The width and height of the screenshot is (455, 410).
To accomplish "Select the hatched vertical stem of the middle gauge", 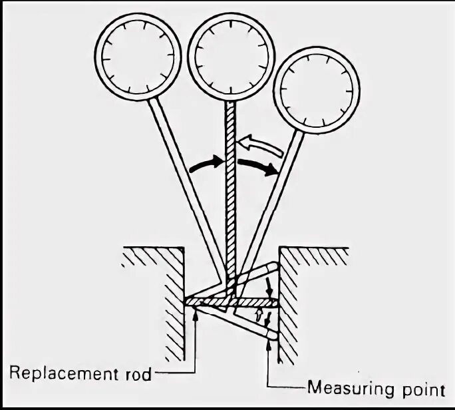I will click(230, 200).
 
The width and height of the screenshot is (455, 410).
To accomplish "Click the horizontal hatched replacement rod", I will click(233, 303).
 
